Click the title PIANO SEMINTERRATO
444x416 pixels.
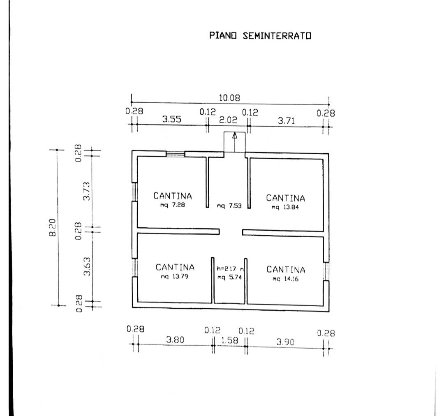260,36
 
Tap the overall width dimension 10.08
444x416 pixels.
229,98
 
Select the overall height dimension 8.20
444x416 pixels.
53,227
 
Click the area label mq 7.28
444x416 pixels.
172,205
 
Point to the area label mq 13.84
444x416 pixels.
285,207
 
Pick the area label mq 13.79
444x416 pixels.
174,276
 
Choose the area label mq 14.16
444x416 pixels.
285,279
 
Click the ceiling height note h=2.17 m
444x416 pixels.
230,268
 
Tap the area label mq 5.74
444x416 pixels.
229,277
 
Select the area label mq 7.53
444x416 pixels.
229,206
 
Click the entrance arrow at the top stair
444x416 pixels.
234,143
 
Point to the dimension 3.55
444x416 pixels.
171,119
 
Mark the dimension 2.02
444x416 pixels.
228,120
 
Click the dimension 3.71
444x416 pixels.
286,121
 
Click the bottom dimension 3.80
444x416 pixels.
175,339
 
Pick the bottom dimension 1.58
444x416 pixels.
229,340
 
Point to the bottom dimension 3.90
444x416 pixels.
285,342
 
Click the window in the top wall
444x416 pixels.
175,154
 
